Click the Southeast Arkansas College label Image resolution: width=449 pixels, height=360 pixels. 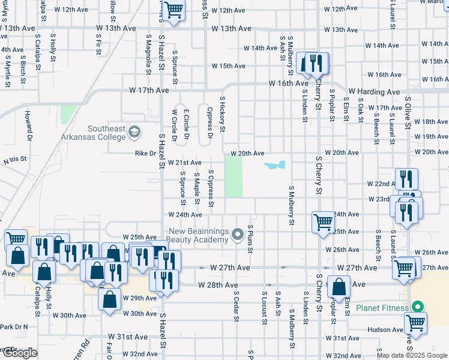(x=107, y=133)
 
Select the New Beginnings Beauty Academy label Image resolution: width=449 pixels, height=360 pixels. (x=199, y=236)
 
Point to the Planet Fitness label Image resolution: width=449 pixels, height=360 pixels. (x=382, y=308)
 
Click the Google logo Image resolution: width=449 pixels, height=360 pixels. (x=19, y=353)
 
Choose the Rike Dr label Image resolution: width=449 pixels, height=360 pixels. (x=145, y=153)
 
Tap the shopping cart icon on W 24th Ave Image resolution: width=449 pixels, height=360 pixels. (x=323, y=222)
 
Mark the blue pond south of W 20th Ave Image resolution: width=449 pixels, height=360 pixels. (x=276, y=165)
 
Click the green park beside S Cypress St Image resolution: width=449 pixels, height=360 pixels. (x=234, y=175)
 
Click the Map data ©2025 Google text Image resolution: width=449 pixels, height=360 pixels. (x=412, y=355)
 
